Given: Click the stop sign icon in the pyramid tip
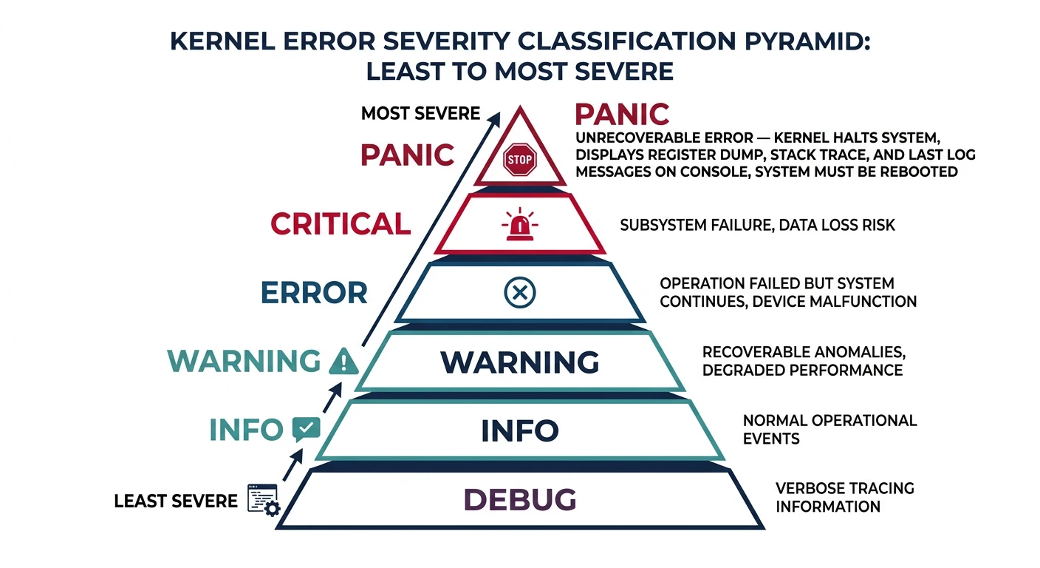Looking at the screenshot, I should point(519,159).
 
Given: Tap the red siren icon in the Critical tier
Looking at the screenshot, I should point(519,224).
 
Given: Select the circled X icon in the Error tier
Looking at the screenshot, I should point(519,294).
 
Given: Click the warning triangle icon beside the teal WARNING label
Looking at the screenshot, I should point(342,362).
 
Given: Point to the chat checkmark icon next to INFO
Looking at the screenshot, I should point(306,429).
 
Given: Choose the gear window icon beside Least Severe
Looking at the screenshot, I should point(263,500).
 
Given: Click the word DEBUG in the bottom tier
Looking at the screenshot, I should point(519,501).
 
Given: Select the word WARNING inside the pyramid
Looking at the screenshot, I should point(519,362).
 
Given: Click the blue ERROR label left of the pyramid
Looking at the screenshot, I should point(314,293).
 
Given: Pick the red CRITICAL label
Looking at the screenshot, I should point(341,224).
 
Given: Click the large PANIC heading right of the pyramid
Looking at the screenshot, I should point(622,115).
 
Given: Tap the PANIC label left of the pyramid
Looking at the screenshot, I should point(407,155).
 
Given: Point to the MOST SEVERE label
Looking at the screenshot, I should point(420,114).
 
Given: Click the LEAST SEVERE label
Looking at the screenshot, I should point(176,501).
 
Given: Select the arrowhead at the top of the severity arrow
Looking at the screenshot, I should point(499,117).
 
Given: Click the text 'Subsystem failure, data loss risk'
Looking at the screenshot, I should point(757,225).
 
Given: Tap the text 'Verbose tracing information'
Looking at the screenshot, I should point(844,498).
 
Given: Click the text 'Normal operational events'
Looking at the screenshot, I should point(829,430).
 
